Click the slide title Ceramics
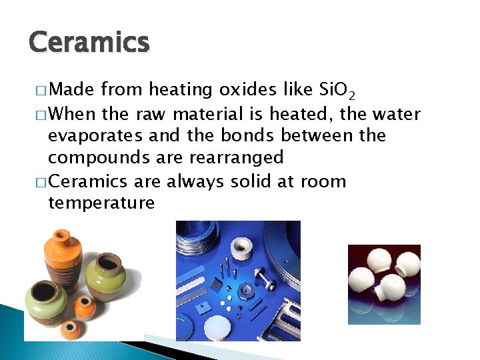(89, 43)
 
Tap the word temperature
(101, 202)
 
